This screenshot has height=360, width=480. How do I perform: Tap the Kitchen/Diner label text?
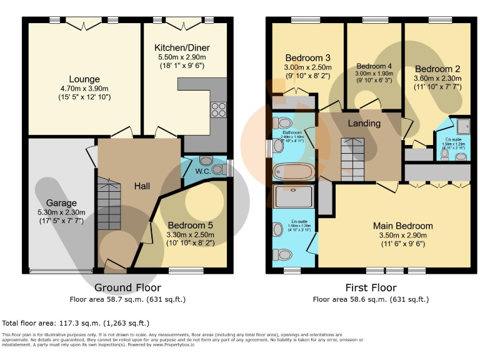(x=182, y=47)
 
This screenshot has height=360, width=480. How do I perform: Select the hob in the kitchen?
(x=219, y=109)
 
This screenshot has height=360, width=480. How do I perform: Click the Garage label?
(x=61, y=203)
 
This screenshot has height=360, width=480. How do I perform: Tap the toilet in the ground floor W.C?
(x=218, y=169)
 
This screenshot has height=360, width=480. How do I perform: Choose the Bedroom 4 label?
(x=374, y=66)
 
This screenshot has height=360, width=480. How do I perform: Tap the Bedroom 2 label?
(x=437, y=69)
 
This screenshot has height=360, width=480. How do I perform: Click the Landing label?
(x=364, y=123)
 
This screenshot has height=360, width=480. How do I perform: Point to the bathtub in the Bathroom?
(x=294, y=171)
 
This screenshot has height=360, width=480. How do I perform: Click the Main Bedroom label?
(x=402, y=226)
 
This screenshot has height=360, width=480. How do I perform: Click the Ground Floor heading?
(x=127, y=288)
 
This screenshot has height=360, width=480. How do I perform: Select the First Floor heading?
(x=371, y=288)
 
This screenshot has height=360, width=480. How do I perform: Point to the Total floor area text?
(x=76, y=323)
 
